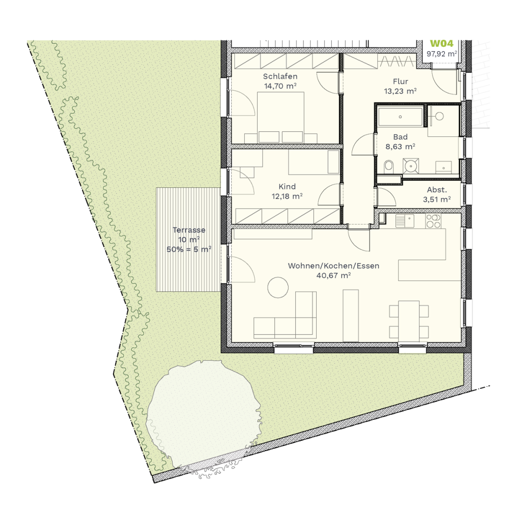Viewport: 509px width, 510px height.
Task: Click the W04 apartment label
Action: (441, 44)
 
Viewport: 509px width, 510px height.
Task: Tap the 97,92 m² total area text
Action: (442, 53)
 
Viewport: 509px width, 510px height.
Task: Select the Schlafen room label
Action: (280, 76)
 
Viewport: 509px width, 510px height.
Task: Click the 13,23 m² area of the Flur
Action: (401, 91)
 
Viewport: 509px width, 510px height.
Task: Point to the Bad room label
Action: (401, 137)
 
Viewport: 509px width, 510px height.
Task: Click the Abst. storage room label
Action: (437, 190)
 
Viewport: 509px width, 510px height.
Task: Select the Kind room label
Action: (287, 187)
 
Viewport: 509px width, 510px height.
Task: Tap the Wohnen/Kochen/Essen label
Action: (334, 266)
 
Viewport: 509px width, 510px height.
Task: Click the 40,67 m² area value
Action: (334, 275)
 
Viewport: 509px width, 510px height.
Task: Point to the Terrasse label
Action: (189, 230)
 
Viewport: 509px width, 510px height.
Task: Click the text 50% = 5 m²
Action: (189, 249)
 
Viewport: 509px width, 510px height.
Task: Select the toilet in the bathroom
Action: (388, 166)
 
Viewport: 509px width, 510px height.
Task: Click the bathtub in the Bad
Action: (401, 116)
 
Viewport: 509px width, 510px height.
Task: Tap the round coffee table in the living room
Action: (278, 287)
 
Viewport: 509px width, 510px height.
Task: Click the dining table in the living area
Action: (409, 321)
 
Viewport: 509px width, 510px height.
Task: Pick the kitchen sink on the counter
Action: (405, 221)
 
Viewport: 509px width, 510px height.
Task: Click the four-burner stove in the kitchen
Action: (434, 221)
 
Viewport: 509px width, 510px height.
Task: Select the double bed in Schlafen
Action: (280, 118)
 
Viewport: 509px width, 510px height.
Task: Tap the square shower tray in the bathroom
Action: (411, 166)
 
